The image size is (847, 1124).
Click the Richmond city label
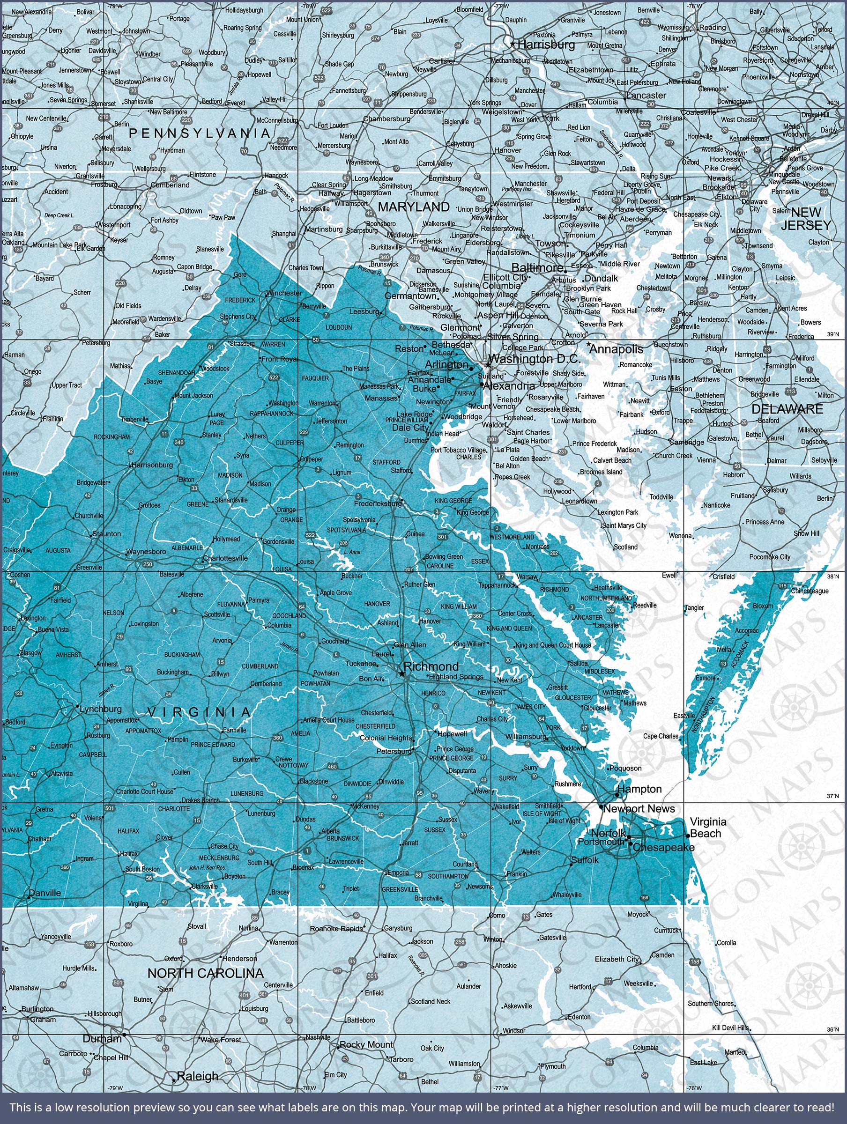coord(431,666)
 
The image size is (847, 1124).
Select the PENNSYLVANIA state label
coord(199,133)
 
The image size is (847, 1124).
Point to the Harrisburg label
coord(546,44)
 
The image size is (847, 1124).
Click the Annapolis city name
coord(616,349)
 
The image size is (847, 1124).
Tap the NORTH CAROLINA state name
coord(205,973)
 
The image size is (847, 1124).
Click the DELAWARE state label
coord(787,409)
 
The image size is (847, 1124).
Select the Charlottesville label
coord(225,558)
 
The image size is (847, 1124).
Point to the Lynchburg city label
coord(101,709)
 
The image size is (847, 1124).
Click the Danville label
coord(45,893)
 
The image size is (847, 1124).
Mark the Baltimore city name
coord(537,267)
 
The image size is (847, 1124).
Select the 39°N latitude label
coord(833,335)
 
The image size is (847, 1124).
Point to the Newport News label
coord(639,808)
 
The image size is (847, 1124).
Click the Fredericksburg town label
coord(378,503)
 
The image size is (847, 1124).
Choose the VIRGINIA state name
coord(199,712)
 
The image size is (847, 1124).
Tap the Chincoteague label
coord(810,591)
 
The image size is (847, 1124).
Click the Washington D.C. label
coord(534,359)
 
